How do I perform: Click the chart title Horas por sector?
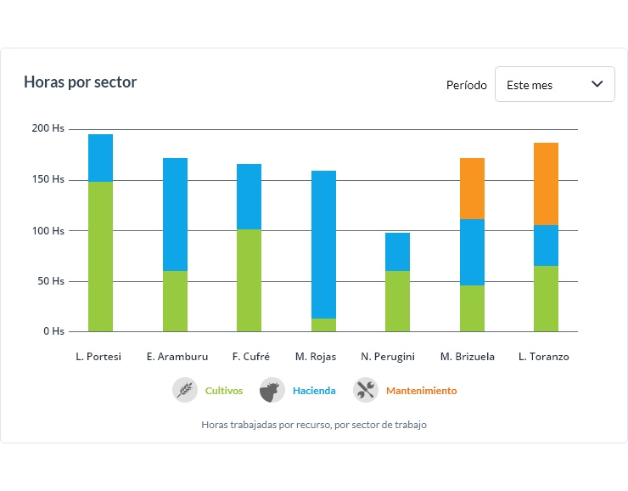pyautogui.click(x=80, y=82)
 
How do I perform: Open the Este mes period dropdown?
pyautogui.click(x=554, y=85)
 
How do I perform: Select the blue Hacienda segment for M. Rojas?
pyautogui.click(x=323, y=245)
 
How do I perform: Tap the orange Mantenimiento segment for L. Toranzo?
pyautogui.click(x=546, y=183)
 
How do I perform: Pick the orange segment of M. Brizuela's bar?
pyautogui.click(x=472, y=189)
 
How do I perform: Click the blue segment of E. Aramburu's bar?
pyautogui.click(x=175, y=214)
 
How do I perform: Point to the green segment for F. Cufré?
pyautogui.click(x=249, y=280)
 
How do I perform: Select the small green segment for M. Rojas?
pyautogui.click(x=323, y=325)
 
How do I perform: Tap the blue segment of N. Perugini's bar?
pyautogui.click(x=397, y=251)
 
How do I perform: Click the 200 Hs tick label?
pyautogui.click(x=48, y=129)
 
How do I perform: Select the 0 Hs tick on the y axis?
pyautogui.click(x=53, y=331)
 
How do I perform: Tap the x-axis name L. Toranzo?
pyautogui.click(x=543, y=357)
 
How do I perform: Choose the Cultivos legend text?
pyautogui.click(x=224, y=391)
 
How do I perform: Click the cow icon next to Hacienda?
pyautogui.click(x=272, y=390)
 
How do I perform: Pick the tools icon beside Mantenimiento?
pyautogui.click(x=366, y=390)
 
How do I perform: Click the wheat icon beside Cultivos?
pyautogui.click(x=185, y=390)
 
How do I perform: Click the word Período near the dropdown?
pyautogui.click(x=467, y=85)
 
